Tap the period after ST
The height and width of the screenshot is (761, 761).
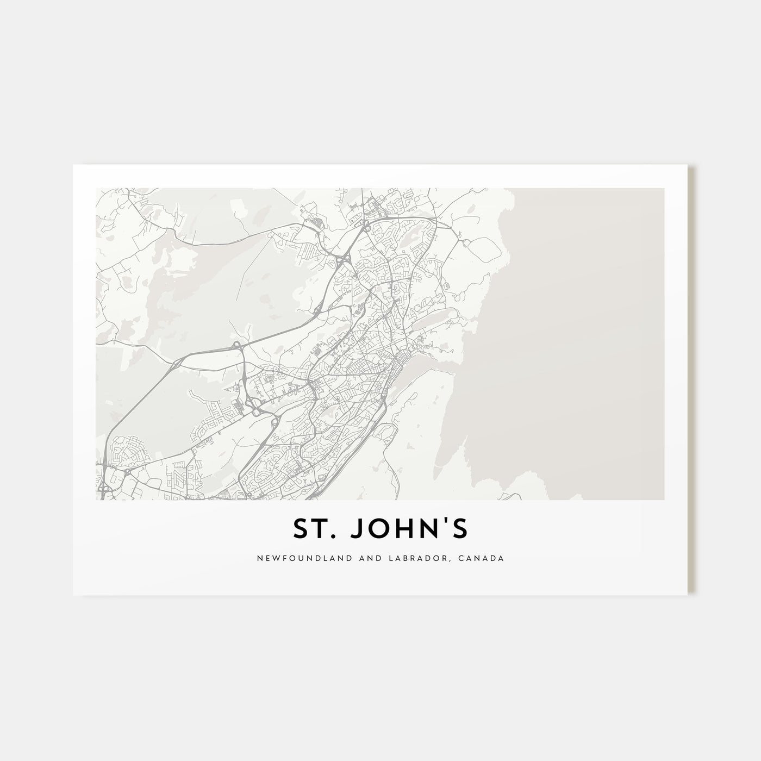pos(337,537)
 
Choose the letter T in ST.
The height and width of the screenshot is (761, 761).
pos(324,529)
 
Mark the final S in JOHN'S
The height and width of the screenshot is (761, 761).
pos(459,529)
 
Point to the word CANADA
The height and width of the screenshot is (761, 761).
pos(484,558)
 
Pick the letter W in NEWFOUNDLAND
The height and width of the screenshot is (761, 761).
pos(270,558)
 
